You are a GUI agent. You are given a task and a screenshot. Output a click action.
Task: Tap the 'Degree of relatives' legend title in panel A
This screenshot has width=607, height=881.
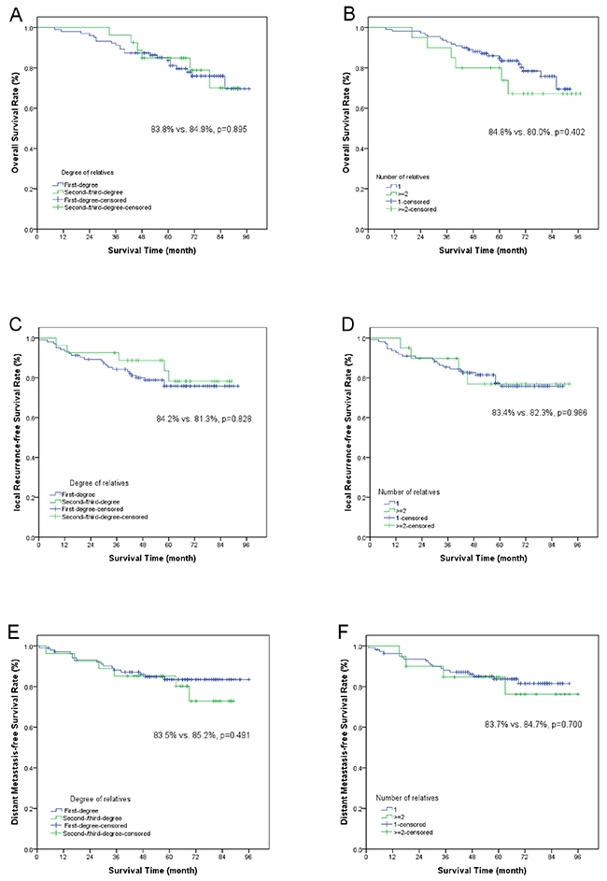click(83, 166)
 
